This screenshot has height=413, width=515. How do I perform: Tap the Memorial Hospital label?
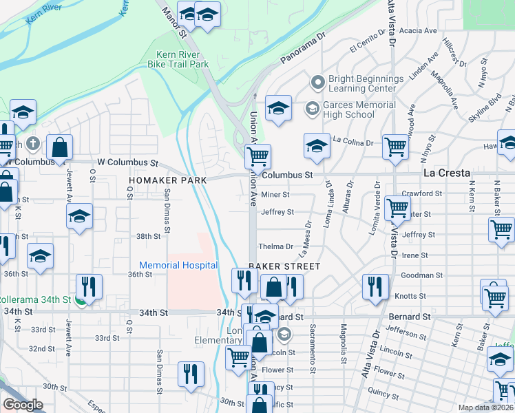[178, 265]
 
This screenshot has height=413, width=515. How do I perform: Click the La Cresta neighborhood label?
[446, 173]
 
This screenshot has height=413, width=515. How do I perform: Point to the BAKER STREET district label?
[284, 266]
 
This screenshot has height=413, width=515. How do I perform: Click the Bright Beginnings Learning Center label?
[366, 83]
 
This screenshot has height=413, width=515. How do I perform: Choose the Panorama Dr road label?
[302, 51]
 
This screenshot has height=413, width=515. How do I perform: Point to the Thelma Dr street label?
[275, 246]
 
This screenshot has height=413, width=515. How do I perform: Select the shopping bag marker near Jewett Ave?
[60, 147]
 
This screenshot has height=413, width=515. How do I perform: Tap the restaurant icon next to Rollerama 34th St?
[89, 286]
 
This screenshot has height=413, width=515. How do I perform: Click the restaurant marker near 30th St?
[191, 374]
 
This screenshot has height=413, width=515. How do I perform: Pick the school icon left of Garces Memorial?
[278, 109]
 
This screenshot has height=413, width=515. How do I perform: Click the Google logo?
[23, 405]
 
